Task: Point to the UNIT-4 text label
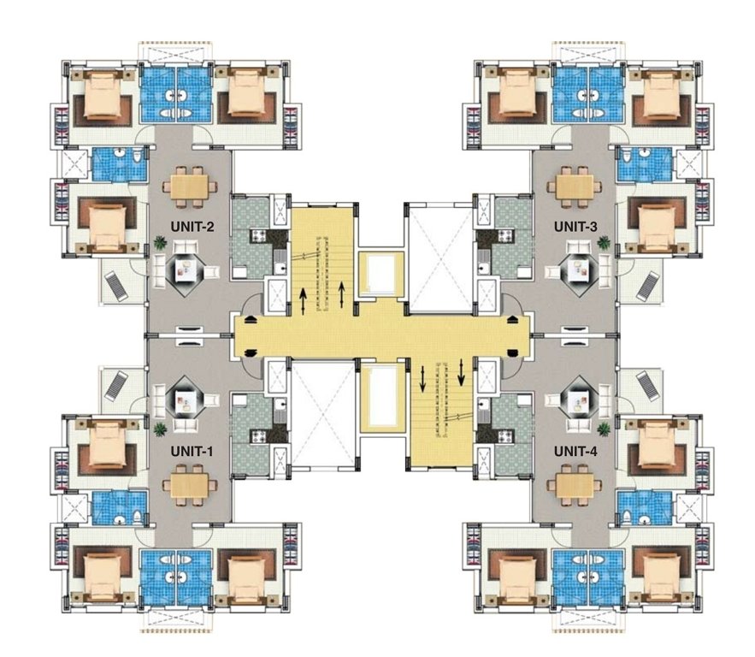click(575, 450)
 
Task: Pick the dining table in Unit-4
click(572, 486)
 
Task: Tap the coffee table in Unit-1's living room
click(186, 400)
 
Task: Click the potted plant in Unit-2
click(160, 244)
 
